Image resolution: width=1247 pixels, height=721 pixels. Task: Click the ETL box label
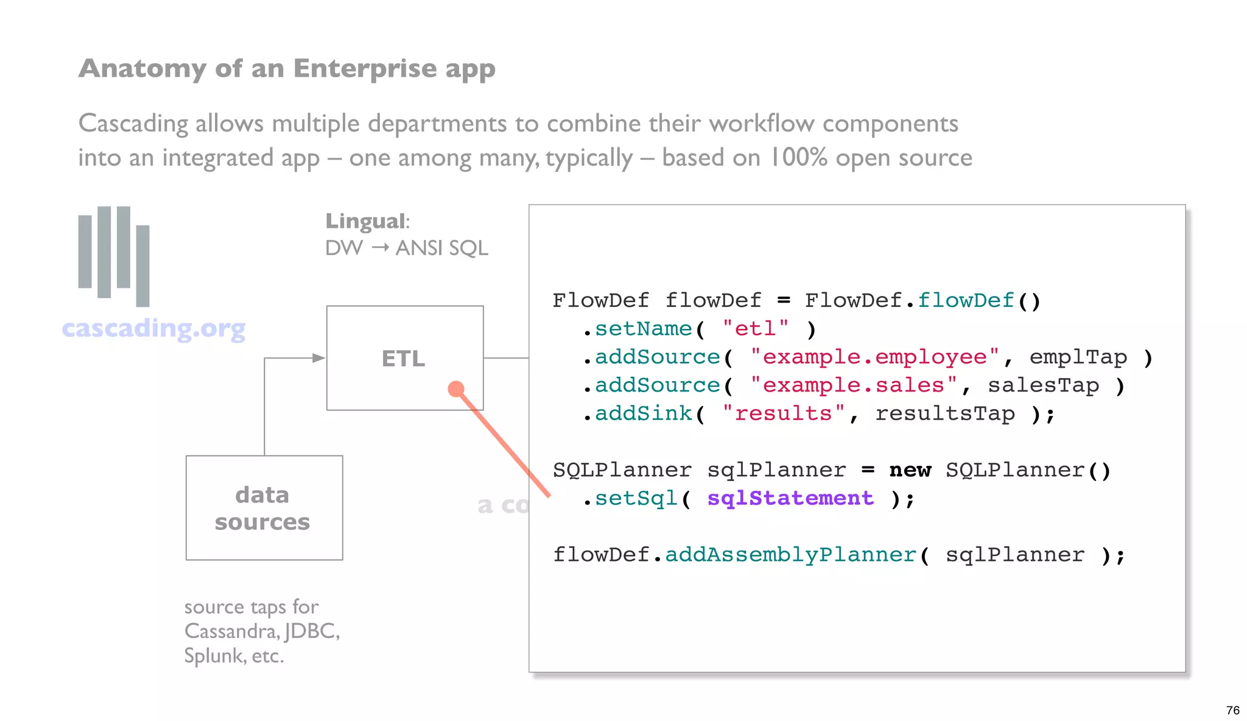(x=403, y=358)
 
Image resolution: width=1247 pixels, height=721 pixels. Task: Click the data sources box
(x=264, y=507)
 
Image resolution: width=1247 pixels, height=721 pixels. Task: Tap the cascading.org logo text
(x=153, y=328)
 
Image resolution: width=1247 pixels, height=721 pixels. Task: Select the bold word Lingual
(x=365, y=221)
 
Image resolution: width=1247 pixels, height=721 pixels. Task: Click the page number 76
(x=1232, y=710)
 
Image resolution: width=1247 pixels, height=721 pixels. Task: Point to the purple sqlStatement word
(x=790, y=498)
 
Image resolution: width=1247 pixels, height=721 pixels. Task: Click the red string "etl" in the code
(x=755, y=329)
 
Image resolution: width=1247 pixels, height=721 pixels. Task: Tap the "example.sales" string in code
(x=853, y=385)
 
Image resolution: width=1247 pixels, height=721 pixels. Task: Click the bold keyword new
(x=910, y=470)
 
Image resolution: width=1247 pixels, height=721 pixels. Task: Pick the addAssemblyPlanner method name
(x=790, y=555)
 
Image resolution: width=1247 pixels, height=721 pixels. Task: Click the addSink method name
(x=643, y=413)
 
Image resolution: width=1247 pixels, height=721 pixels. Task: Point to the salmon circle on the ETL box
(x=456, y=389)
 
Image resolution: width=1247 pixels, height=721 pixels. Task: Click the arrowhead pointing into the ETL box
(x=318, y=358)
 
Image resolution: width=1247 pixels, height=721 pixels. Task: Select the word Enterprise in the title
(x=364, y=68)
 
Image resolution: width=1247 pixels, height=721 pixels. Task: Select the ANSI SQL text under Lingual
(x=441, y=248)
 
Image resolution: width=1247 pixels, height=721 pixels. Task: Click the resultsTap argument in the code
(x=944, y=413)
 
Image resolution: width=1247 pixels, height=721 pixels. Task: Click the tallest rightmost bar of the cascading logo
(x=142, y=266)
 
